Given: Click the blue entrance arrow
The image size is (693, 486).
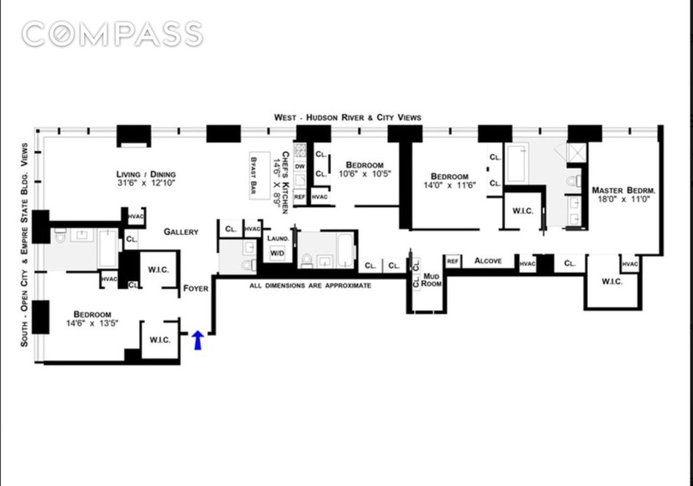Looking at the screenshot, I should (x=198, y=340).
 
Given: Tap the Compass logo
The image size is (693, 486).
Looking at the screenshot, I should (x=113, y=34).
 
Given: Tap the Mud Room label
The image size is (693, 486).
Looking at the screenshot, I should (x=431, y=280).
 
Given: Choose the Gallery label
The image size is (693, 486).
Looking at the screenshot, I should (x=181, y=232).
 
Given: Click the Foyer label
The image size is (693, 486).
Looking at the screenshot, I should (x=195, y=288).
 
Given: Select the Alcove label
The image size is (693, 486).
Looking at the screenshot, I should (x=487, y=261).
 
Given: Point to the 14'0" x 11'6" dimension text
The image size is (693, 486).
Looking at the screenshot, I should (x=449, y=186).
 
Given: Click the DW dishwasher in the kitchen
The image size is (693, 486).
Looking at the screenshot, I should (x=300, y=166).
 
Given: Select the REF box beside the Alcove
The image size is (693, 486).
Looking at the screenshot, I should (x=452, y=262).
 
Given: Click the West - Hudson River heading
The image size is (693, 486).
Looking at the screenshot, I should (x=347, y=117).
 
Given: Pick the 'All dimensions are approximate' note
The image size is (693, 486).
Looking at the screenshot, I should (x=310, y=285).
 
